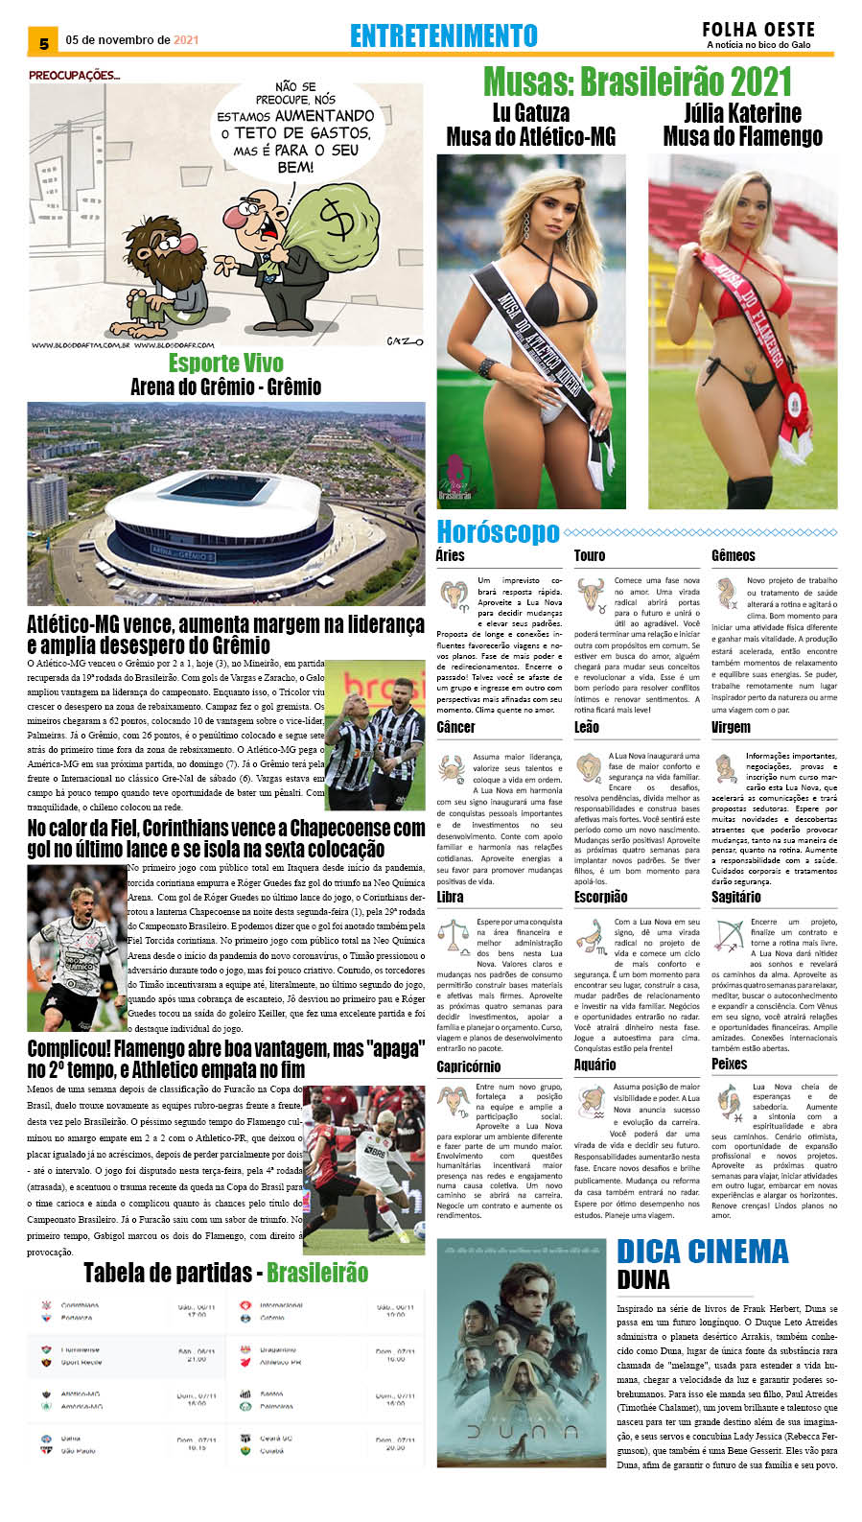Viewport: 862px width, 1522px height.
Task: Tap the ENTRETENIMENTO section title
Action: pyautogui.click(x=443, y=36)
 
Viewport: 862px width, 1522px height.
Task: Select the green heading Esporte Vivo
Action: pyautogui.click(x=226, y=363)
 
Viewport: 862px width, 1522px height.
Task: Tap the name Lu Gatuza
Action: pyautogui.click(x=530, y=113)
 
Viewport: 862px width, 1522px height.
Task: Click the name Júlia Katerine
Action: pyautogui.click(x=742, y=113)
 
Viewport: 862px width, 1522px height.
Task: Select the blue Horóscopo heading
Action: pyautogui.click(x=498, y=531)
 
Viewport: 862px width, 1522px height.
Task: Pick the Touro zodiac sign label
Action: pyautogui.click(x=590, y=556)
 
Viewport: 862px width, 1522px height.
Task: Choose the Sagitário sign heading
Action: pyautogui.click(x=735, y=897)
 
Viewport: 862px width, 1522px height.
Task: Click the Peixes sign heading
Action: pyautogui.click(x=729, y=1064)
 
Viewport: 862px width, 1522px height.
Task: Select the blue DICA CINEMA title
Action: pyautogui.click(x=702, y=1252)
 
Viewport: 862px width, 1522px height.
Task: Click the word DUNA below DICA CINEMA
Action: pyautogui.click(x=643, y=1280)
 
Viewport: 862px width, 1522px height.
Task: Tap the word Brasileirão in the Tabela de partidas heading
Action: pyautogui.click(x=316, y=1273)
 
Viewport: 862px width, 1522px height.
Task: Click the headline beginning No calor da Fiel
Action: pyautogui.click(x=225, y=838)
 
